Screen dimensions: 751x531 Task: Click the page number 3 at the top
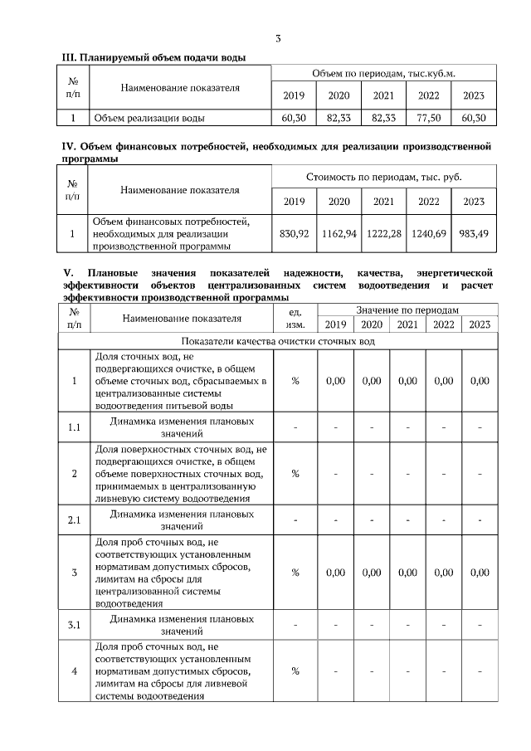(278, 38)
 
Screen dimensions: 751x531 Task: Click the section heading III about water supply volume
(155, 56)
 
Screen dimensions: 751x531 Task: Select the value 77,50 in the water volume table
(428, 119)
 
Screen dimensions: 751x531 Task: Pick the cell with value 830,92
(295, 233)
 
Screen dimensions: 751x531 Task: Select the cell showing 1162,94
(339, 233)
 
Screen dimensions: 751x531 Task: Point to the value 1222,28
(383, 233)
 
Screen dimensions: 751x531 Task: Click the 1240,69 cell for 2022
(428, 233)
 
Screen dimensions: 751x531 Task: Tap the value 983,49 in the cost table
(474, 233)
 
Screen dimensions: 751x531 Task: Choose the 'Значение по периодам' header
(407, 309)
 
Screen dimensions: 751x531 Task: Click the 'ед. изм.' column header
(295, 317)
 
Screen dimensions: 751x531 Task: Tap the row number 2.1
(74, 520)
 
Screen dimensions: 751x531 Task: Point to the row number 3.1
(74, 625)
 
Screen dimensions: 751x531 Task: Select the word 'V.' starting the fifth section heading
(69, 272)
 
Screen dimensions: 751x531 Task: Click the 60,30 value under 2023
(474, 119)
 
